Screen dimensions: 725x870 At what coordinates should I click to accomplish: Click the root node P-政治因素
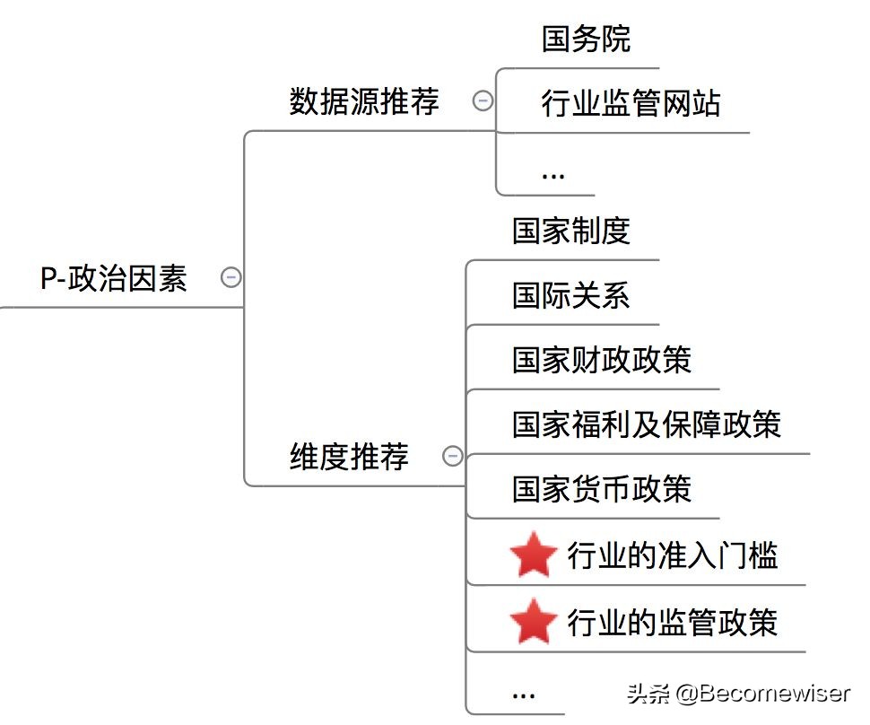[114, 278]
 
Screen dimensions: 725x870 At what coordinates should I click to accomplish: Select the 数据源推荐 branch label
[364, 101]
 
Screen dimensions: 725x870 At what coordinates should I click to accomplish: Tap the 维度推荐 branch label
[349, 457]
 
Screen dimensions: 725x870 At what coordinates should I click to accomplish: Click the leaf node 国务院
[586, 39]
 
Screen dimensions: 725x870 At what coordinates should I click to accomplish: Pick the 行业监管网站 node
[631, 104]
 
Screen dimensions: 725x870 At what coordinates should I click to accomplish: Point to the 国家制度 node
[571, 231]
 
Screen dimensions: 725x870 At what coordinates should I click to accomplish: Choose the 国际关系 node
[571, 295]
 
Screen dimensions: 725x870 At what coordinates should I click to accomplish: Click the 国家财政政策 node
[602, 360]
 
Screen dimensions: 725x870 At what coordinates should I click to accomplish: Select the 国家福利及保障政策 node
[647, 424]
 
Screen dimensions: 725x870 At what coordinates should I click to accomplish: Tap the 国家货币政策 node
[602, 489]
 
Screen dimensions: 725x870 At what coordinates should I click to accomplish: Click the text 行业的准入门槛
[673, 556]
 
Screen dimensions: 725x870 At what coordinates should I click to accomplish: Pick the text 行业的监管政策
[673, 622]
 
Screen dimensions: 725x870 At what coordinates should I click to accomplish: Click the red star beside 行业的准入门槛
[534, 556]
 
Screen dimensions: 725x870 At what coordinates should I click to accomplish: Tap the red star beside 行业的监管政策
[534, 622]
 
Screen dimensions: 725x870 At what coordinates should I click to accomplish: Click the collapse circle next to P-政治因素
[231, 278]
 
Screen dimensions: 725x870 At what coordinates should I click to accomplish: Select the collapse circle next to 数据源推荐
[483, 101]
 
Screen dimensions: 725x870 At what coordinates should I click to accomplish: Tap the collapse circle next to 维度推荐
[453, 457]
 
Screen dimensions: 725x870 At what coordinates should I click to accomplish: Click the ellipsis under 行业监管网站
[553, 174]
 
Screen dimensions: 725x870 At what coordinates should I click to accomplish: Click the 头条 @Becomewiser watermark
[738, 694]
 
